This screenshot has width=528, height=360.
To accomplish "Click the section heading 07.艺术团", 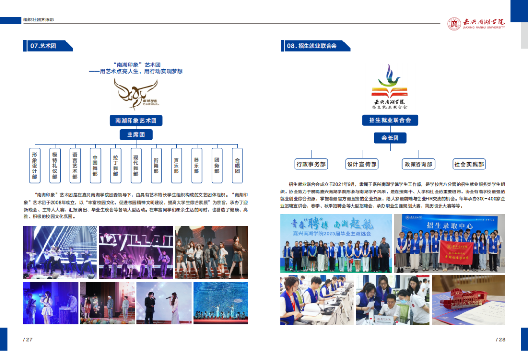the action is (x=44, y=46).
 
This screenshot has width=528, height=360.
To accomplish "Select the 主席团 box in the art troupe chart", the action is (x=136, y=135).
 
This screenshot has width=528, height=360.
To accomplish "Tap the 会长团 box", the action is (x=390, y=138).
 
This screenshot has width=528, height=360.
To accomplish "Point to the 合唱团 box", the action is (x=237, y=165).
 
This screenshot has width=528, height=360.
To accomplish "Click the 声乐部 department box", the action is (x=176, y=165).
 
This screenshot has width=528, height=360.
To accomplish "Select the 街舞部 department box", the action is (x=156, y=165).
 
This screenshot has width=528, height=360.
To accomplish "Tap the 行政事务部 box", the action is (x=311, y=164).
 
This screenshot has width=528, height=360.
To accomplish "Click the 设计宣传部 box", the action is (x=362, y=164).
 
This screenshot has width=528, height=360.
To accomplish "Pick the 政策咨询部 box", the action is (x=418, y=164).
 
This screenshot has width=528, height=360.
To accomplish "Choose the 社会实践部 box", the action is (x=469, y=164).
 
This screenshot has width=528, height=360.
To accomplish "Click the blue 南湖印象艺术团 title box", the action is (x=136, y=120).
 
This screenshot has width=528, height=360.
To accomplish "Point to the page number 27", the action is (x=28, y=339).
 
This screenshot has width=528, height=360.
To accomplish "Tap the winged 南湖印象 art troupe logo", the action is (x=135, y=94).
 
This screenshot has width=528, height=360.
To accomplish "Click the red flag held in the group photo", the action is (x=456, y=252).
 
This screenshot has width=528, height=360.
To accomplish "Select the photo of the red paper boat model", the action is (x=468, y=299).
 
